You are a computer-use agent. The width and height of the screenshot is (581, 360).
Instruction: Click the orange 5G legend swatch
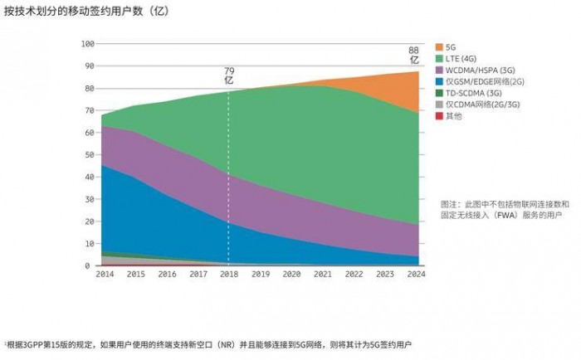(438, 47)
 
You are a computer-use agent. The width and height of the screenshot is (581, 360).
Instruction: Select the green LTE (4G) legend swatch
(438, 59)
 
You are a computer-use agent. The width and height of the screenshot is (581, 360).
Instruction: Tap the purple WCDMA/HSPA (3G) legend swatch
(438, 71)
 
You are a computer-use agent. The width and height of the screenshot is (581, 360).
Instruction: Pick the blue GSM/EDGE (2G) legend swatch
(438, 82)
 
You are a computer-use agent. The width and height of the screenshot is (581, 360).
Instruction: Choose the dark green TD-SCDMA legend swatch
(438, 94)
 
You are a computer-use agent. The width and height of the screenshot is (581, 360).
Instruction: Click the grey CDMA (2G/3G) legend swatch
(438, 105)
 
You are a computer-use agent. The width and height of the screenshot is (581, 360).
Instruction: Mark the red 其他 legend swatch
(438, 116)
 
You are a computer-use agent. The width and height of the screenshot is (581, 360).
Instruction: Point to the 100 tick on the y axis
(87, 44)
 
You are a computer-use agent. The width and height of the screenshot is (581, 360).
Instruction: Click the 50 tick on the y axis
(89, 155)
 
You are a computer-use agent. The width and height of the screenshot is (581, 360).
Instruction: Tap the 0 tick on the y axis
(91, 266)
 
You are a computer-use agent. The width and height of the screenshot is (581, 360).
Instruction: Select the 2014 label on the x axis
(105, 275)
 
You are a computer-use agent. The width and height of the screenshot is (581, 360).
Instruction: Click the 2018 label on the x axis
(228, 275)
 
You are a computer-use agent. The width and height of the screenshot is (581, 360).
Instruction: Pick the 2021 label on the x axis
(323, 275)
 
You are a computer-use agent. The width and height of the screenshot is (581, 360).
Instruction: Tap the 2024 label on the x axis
(416, 275)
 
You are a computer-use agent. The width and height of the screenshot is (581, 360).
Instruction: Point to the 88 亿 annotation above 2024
(413, 56)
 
